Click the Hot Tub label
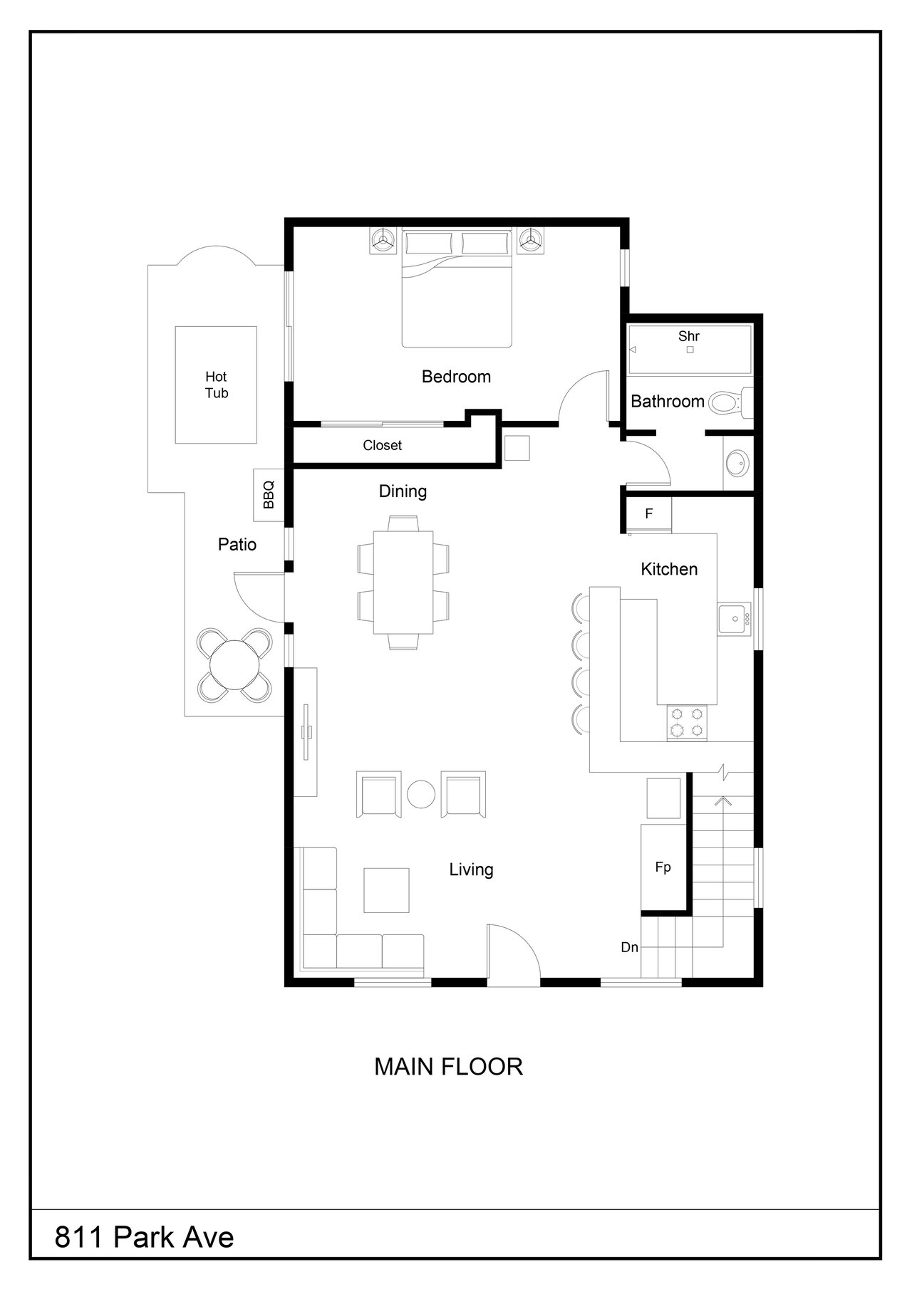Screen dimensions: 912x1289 (x=217, y=385)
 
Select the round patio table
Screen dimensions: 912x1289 (x=234, y=665)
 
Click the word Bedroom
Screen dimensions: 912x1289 (x=456, y=377)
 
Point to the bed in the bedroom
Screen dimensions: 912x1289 (x=457, y=287)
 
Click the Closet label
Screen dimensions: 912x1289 (x=383, y=445)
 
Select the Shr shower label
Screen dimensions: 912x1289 (x=688, y=335)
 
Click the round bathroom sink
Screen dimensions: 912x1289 (x=737, y=464)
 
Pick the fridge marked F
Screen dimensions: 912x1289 (x=648, y=513)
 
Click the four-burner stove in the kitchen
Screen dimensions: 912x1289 (x=688, y=723)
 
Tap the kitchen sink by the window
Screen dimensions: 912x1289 (x=734, y=620)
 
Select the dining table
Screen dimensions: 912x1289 (x=403, y=582)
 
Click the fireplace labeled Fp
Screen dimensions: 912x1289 (x=663, y=867)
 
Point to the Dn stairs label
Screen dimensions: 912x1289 (x=629, y=947)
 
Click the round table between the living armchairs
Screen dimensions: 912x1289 (x=421, y=795)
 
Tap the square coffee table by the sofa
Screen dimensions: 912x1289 (x=386, y=889)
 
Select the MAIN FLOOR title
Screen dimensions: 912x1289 (x=449, y=1066)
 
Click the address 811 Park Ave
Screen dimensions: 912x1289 (x=145, y=1238)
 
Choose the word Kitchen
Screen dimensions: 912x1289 (x=669, y=569)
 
